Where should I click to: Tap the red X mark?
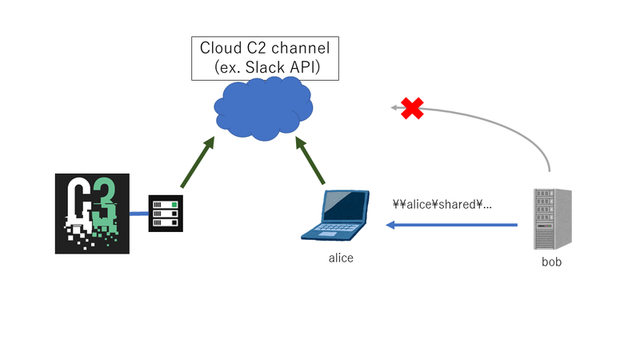[x=412, y=109]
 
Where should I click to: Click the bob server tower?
[x=552, y=220]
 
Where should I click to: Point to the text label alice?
[x=341, y=258]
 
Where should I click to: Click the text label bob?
[x=552, y=262]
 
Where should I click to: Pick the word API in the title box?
[x=306, y=67]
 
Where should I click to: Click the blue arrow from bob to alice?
[x=452, y=226]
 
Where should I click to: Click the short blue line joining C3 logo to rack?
[x=140, y=214]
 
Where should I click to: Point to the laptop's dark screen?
[x=343, y=209]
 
